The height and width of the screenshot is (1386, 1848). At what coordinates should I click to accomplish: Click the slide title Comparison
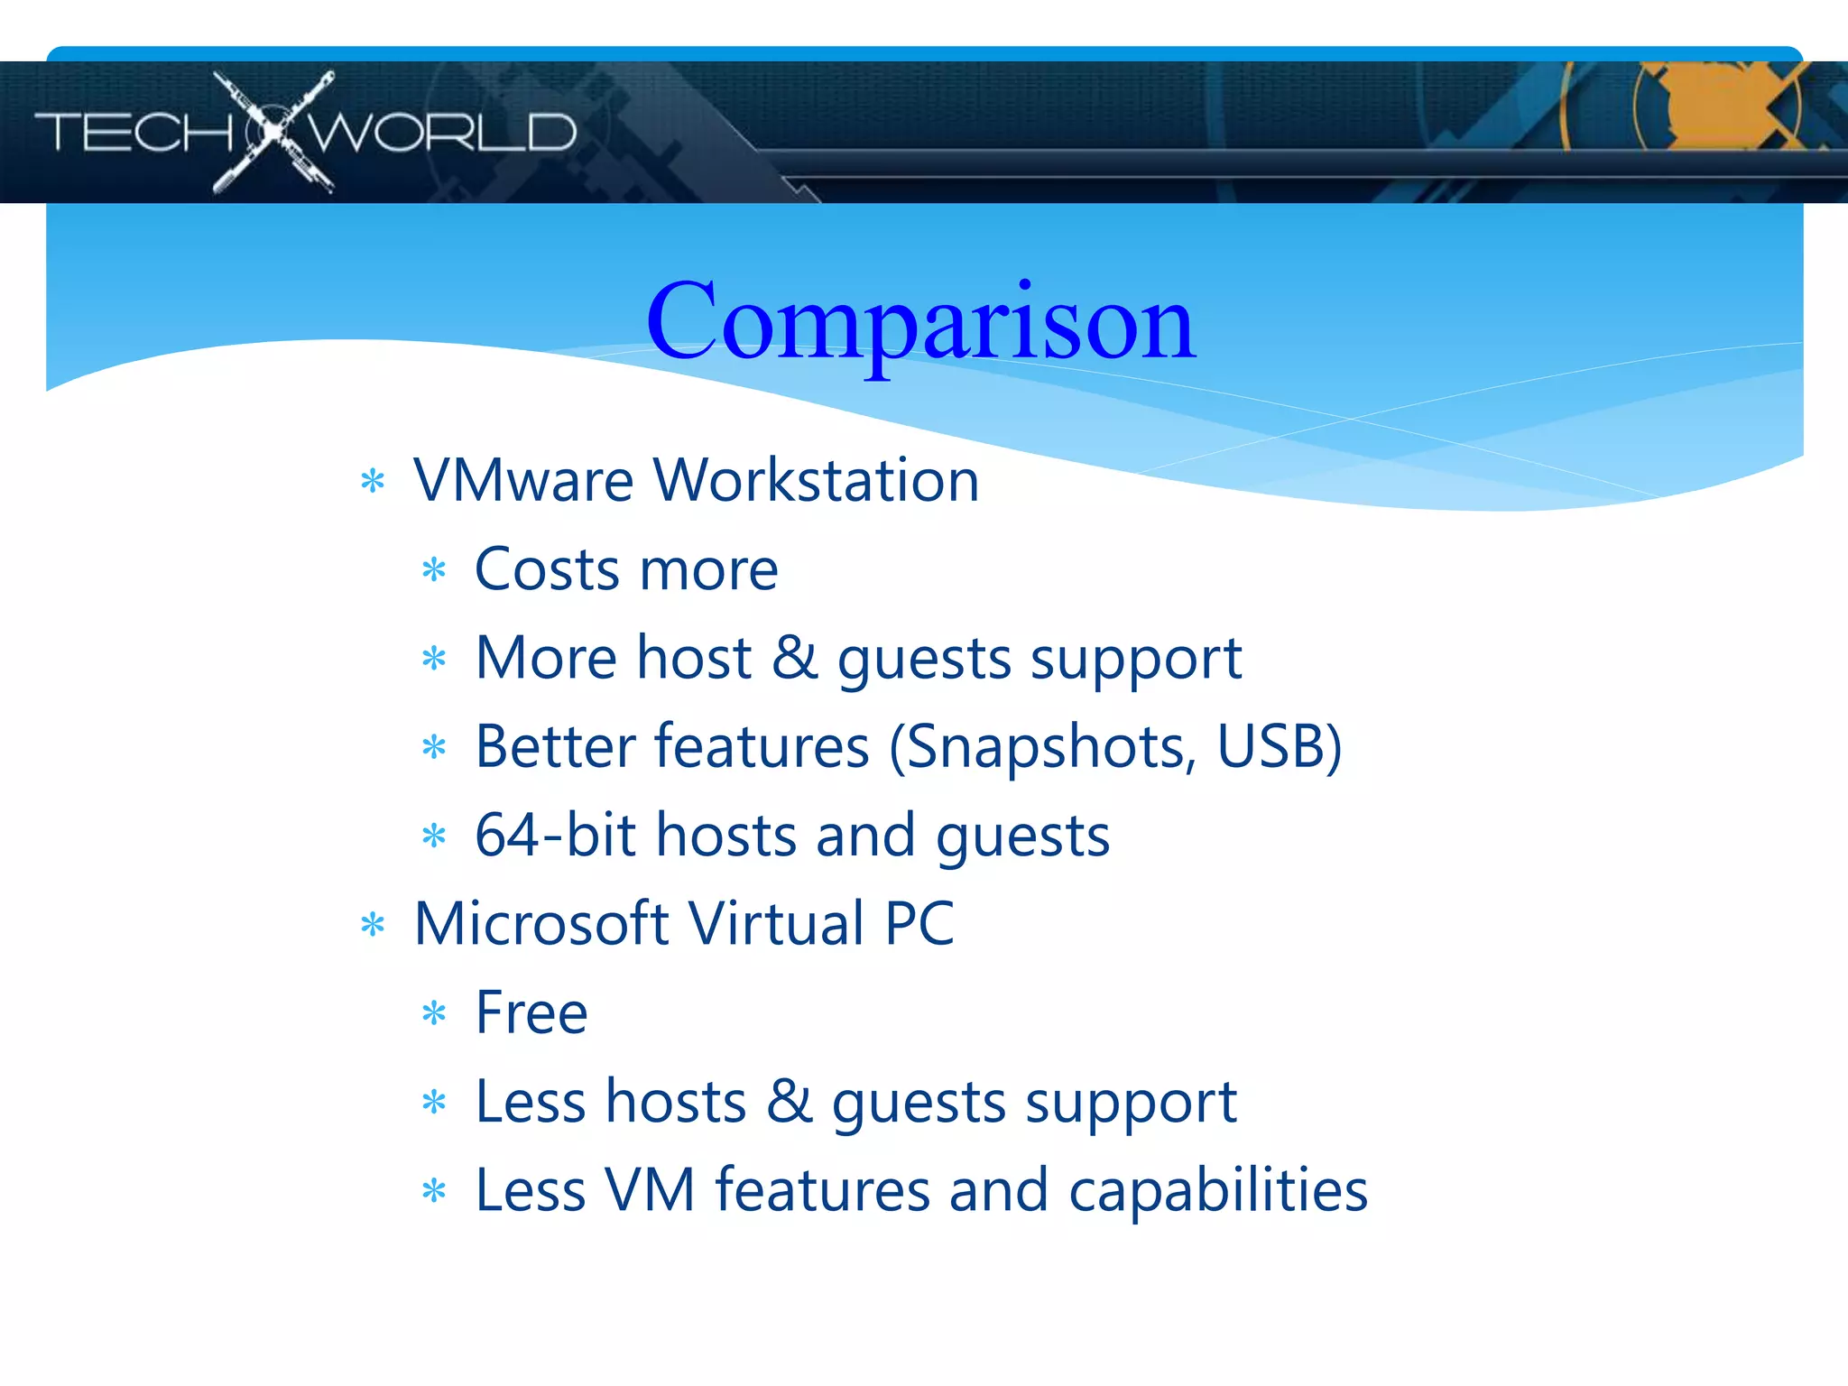pyautogui.click(x=920, y=323)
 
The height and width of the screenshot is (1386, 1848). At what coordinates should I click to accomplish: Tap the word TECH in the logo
pyautogui.click(x=134, y=134)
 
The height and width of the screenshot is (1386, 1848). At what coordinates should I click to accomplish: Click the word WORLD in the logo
pyautogui.click(x=442, y=134)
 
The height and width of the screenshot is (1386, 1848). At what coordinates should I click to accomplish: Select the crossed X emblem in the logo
pyautogui.click(x=273, y=132)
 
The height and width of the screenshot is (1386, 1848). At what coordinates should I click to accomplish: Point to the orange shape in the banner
pyautogui.click(x=1714, y=104)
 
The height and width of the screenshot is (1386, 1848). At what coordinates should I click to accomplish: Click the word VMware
pyautogui.click(x=523, y=480)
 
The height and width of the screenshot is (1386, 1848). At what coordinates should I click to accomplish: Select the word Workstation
pyautogui.click(x=816, y=480)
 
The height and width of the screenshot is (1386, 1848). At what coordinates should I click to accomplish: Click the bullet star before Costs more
pyautogui.click(x=434, y=570)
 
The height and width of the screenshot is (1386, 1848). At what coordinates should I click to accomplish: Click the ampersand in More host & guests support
pyautogui.click(x=795, y=658)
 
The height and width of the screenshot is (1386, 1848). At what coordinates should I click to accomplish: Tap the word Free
pyautogui.click(x=531, y=1012)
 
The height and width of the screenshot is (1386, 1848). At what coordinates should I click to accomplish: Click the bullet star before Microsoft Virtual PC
pyautogui.click(x=373, y=925)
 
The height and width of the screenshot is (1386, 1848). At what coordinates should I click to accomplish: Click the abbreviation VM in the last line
pyautogui.click(x=650, y=1191)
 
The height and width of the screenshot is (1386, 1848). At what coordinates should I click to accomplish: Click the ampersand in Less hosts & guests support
pyautogui.click(x=790, y=1102)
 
